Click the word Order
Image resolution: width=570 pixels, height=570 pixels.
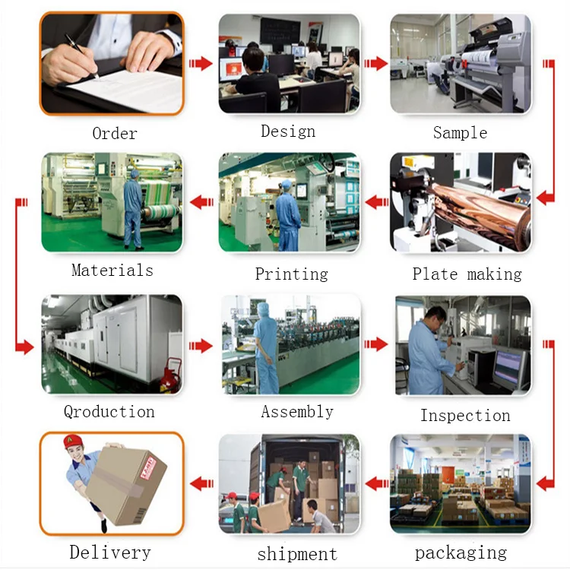[x=115, y=134]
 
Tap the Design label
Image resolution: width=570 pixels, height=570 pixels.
[x=288, y=131]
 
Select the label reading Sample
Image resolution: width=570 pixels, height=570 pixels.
[x=460, y=133]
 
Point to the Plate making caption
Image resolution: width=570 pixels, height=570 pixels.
[x=467, y=274]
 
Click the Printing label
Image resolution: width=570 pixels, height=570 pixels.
[x=291, y=274]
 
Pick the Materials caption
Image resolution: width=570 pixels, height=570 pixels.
[x=112, y=271]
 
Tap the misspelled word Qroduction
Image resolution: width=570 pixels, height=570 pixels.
[x=109, y=412]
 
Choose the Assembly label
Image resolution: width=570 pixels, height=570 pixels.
[x=297, y=412]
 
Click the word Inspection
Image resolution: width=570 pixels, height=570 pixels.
[x=465, y=416]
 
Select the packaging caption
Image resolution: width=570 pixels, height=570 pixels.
[x=461, y=552]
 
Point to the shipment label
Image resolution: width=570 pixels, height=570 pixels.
[x=297, y=554]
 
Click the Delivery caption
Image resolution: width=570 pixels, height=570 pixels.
[x=110, y=553]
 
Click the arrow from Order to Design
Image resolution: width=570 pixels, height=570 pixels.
[x=201, y=63]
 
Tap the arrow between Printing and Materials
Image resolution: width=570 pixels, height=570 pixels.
[x=201, y=202]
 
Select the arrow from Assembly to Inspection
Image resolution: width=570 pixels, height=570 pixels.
[x=375, y=345]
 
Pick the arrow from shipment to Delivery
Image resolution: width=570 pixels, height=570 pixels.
[x=201, y=483]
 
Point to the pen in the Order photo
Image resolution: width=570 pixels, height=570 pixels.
[x=82, y=56]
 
